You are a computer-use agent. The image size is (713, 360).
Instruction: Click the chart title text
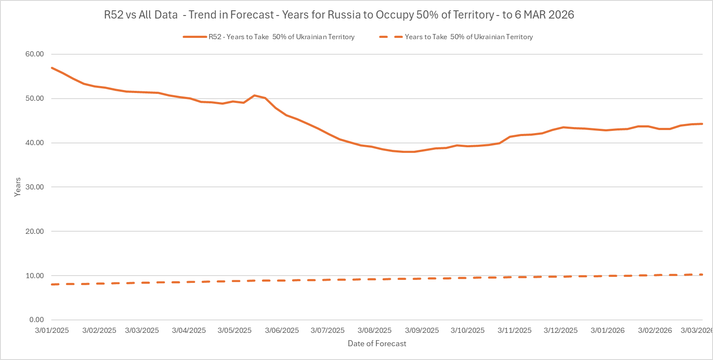(x=339, y=15)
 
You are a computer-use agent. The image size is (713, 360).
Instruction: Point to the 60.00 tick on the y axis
(x=34, y=54)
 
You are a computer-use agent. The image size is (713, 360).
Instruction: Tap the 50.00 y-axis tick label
(x=34, y=99)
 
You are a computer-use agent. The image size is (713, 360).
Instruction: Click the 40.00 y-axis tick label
(x=34, y=143)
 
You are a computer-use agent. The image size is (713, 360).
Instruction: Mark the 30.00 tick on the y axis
(x=34, y=187)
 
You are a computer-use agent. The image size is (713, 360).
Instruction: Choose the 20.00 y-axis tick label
(x=34, y=232)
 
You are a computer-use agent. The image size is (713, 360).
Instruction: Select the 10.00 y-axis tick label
(x=34, y=276)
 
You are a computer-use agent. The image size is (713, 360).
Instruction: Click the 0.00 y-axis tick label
(x=37, y=320)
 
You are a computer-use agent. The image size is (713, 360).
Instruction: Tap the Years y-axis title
(x=18, y=187)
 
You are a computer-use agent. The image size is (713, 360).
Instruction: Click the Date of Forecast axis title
(x=377, y=344)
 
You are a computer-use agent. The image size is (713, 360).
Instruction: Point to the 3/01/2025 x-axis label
(x=52, y=331)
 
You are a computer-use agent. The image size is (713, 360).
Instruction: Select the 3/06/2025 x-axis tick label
(x=282, y=331)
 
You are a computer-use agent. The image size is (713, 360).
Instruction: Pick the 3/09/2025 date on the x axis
(x=422, y=331)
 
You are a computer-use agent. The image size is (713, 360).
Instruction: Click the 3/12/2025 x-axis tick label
(x=560, y=331)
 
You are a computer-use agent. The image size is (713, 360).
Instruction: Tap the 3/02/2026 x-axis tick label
(x=655, y=331)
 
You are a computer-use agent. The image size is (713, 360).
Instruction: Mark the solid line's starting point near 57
(x=52, y=68)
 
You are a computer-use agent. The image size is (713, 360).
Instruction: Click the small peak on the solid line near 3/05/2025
(x=254, y=95)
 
